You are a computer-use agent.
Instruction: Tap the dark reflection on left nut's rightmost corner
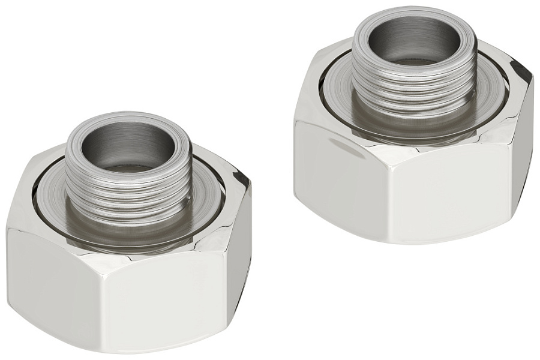pos(243,180)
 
